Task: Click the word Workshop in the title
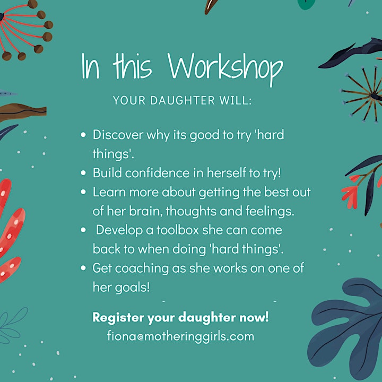click(225, 68)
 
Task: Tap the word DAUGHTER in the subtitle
click(182, 100)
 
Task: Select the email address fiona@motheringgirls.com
click(180, 336)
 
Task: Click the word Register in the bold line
click(118, 317)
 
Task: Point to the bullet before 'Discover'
click(83, 134)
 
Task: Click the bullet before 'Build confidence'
click(83, 173)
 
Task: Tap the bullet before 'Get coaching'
click(83, 268)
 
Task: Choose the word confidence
click(157, 173)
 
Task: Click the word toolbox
click(178, 230)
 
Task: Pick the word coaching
click(142, 268)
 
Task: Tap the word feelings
click(270, 212)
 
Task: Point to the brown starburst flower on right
click(363, 94)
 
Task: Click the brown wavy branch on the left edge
click(22, 111)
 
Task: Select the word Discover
click(118, 134)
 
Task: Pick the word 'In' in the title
click(90, 66)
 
